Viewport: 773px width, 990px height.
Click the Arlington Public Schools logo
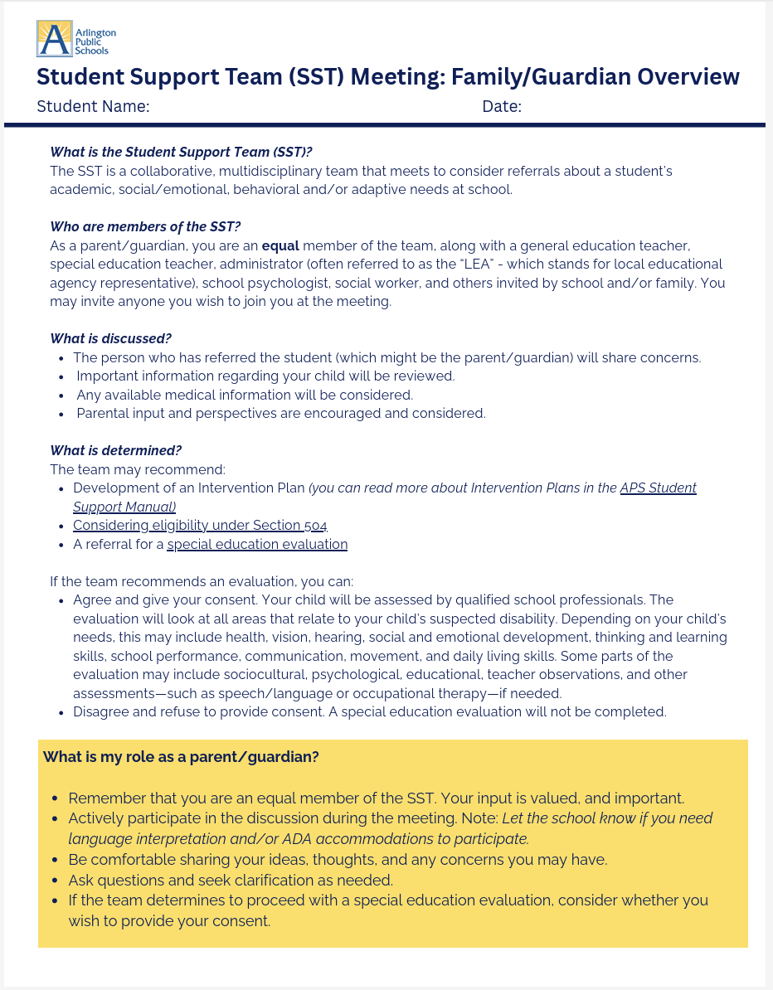point(75,39)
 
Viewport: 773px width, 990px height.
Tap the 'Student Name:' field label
point(93,107)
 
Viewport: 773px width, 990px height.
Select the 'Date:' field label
point(502,107)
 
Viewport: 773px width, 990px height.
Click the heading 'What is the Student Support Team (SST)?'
point(181,152)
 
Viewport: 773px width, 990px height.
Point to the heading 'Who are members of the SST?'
point(145,226)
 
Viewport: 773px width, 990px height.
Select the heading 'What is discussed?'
point(109,338)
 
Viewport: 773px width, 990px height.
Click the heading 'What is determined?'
point(115,450)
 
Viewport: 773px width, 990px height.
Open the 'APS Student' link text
point(658,488)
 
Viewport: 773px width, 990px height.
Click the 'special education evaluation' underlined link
point(257,544)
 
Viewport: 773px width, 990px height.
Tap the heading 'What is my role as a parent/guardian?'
point(181,757)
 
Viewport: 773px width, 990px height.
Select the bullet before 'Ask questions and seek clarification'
point(55,881)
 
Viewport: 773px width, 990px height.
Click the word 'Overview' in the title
point(683,77)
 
